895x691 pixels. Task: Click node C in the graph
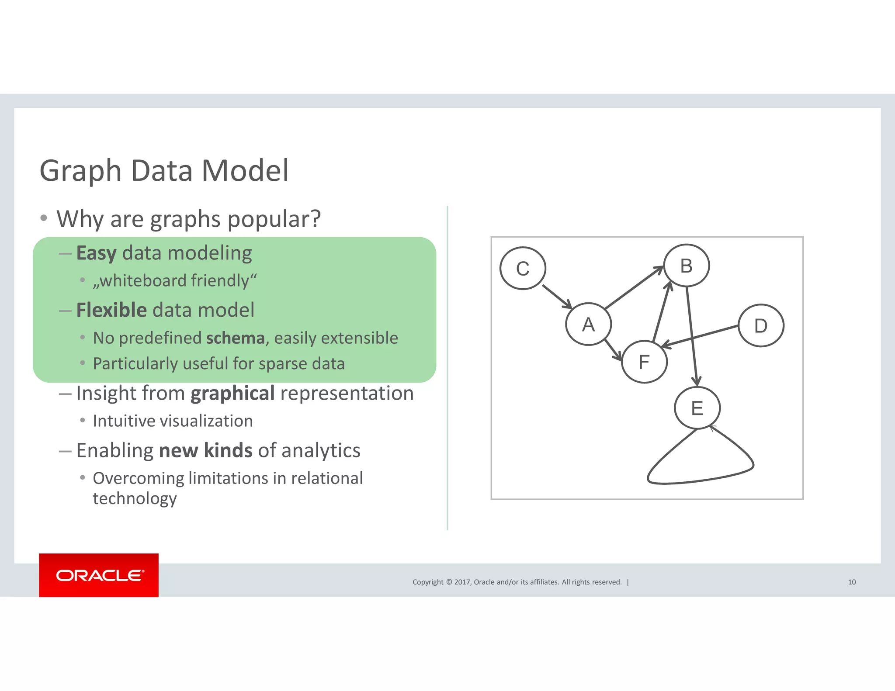[x=523, y=268]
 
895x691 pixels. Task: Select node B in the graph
[x=686, y=266]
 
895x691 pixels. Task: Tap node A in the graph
[x=588, y=324]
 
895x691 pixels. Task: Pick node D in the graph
[x=761, y=326]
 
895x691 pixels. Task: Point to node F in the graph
[x=644, y=362]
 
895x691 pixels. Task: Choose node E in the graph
[x=697, y=408]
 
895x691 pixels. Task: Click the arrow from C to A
[x=557, y=297]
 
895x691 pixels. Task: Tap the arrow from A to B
[x=634, y=287]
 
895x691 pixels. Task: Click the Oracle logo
[x=99, y=575]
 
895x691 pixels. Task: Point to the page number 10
[x=852, y=582]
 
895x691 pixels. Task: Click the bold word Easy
[x=96, y=253]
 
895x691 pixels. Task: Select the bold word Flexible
[x=111, y=310]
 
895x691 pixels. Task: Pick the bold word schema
[x=235, y=338]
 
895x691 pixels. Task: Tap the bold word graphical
[x=232, y=393]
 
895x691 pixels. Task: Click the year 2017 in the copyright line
[x=462, y=582]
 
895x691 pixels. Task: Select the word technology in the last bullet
[x=135, y=498]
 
